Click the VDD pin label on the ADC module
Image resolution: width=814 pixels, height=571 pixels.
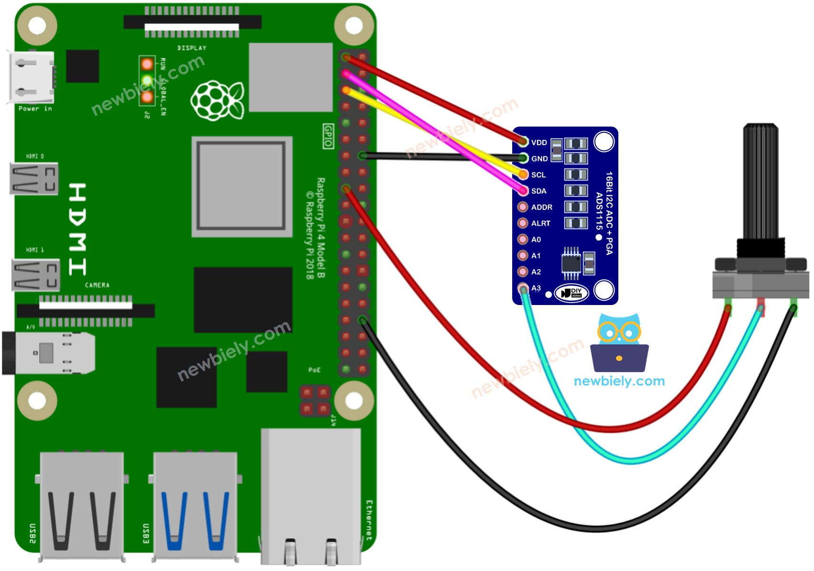tap(539, 143)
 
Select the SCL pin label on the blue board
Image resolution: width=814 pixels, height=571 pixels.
tap(538, 175)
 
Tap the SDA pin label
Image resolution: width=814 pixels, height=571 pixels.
tap(538, 191)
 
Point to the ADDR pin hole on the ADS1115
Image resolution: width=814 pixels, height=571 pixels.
tap(523, 207)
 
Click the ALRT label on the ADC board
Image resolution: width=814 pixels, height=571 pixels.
tap(540, 224)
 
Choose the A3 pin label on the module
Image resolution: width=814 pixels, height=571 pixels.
tap(536, 288)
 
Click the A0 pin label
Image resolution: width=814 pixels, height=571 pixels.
tap(536, 240)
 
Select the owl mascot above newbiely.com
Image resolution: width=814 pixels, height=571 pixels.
tap(619, 343)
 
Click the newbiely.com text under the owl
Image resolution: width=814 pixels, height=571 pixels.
tap(619, 381)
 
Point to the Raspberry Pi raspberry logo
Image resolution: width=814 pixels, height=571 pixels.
tap(217, 100)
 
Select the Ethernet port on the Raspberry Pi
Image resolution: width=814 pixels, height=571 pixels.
tap(310, 495)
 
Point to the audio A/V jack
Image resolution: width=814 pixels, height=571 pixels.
tap(48, 353)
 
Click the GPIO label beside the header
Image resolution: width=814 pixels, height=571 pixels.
tap(328, 136)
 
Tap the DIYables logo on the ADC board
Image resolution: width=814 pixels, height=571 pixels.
tap(571, 293)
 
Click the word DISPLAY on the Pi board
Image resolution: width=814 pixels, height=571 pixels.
tap(192, 48)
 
